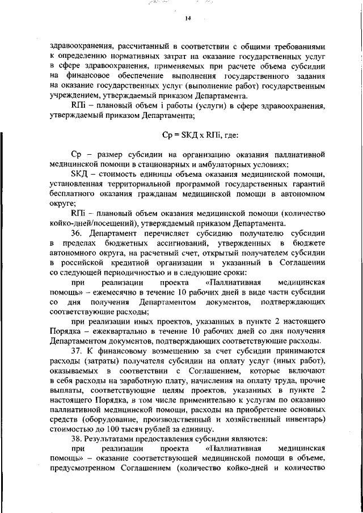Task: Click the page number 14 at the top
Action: (188, 18)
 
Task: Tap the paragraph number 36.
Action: (76, 234)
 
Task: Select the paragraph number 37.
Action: (76, 351)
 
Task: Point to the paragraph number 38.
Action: (76, 439)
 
